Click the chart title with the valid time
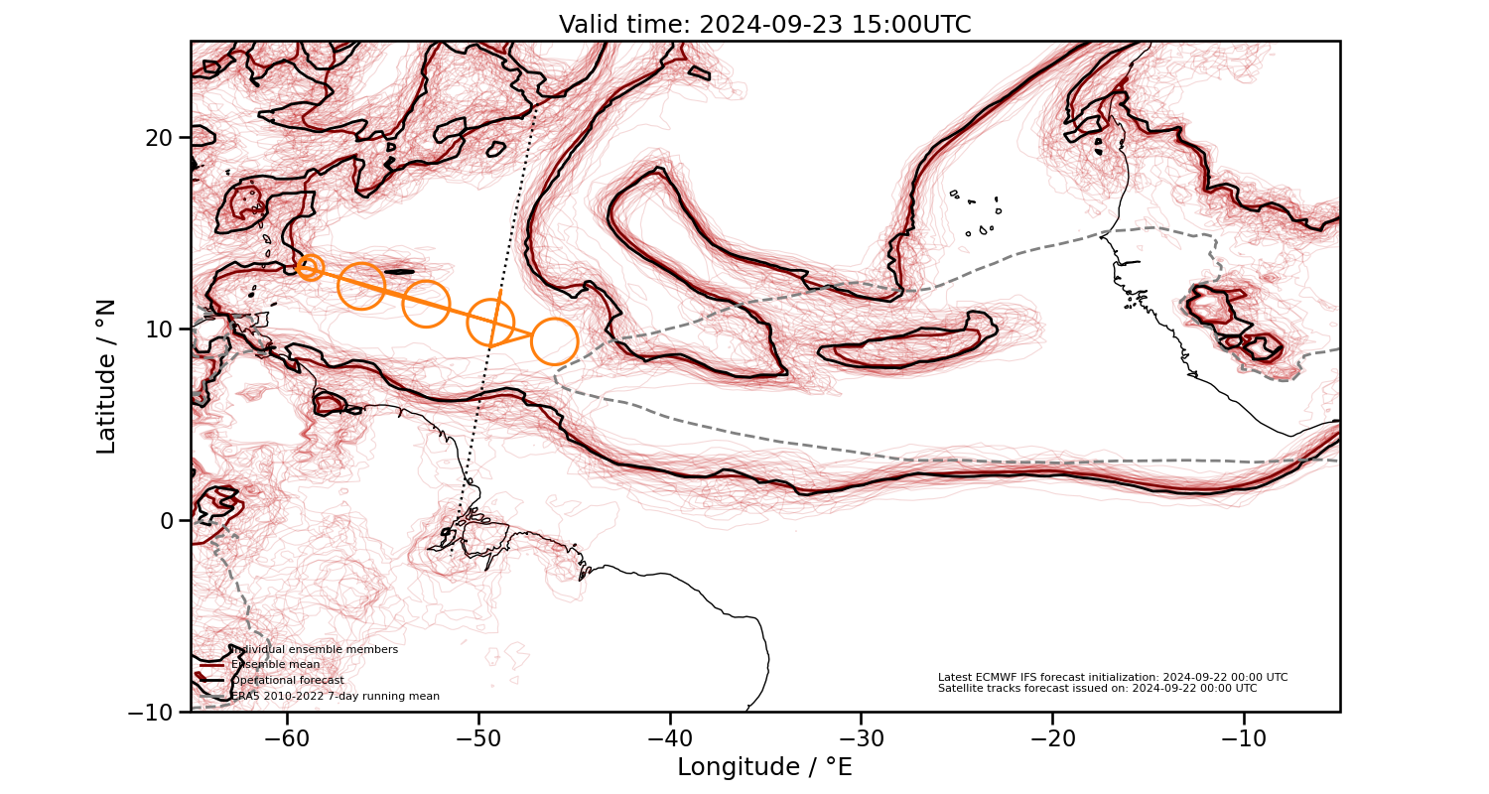click(x=764, y=25)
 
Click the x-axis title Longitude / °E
click(x=764, y=767)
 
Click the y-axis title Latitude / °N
click(x=106, y=376)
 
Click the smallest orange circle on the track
click(x=311, y=266)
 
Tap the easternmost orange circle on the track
click(x=554, y=341)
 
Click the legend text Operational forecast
click(x=288, y=681)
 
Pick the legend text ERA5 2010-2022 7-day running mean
click(x=336, y=697)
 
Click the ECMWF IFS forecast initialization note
click(x=1113, y=677)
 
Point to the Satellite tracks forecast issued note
click(x=1097, y=688)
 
